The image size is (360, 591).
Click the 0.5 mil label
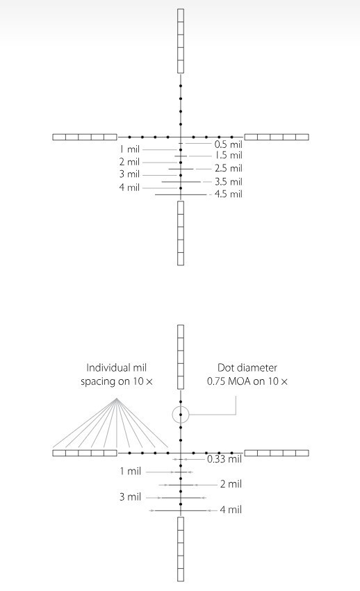[229, 144]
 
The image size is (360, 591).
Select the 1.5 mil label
[229, 156]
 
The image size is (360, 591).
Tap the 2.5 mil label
[229, 169]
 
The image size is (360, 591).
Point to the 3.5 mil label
[229, 182]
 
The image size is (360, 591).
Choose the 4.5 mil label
[229, 194]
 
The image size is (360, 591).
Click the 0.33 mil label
[224, 459]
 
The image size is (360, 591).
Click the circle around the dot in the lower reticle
[172, 415]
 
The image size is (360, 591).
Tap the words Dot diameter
[247, 367]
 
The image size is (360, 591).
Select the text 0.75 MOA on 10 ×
[247, 381]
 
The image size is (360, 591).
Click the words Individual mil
[116, 367]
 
